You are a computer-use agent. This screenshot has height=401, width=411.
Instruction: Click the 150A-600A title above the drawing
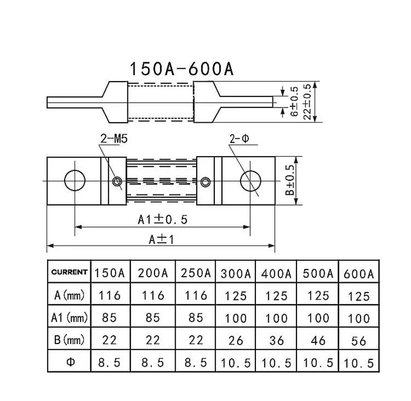click(181, 69)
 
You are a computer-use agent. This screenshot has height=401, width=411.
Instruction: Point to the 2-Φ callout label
click(240, 139)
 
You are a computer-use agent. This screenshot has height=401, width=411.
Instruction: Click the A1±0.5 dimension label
click(163, 219)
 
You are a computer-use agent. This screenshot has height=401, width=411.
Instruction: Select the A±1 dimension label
click(161, 239)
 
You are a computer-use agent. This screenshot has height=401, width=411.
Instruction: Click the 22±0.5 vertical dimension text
click(308, 102)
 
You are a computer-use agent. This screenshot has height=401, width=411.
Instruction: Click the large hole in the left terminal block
click(75, 181)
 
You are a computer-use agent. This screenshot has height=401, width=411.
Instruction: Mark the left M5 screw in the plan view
click(118, 181)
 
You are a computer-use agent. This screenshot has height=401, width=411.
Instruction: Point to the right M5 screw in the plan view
click(206, 181)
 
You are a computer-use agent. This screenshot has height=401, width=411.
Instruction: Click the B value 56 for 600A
click(359, 340)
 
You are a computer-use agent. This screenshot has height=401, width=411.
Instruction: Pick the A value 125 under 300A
click(236, 296)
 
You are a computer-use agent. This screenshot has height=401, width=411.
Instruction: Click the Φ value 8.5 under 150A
click(109, 362)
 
